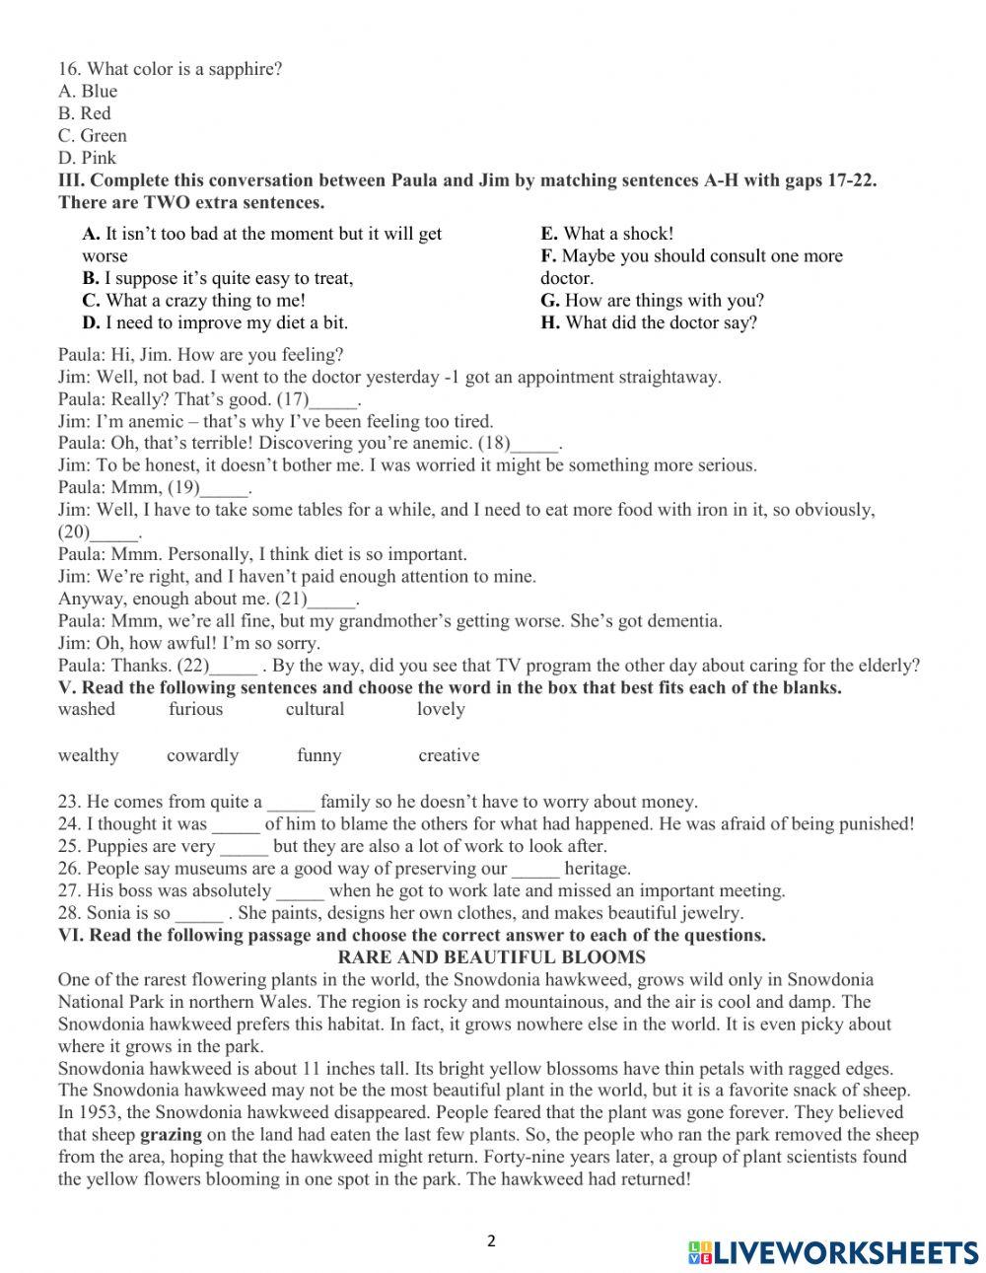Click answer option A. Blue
tap(88, 92)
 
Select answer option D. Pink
tap(87, 158)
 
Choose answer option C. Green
tap(93, 136)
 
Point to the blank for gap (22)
tap(235, 667)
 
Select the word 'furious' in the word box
tap(196, 709)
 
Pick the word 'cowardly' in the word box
tap(202, 755)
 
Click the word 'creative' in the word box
tap(449, 755)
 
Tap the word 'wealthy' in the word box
tap(89, 755)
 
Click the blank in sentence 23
tap(291, 803)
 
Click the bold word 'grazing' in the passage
tap(171, 1135)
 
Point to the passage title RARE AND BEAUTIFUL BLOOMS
tap(492, 957)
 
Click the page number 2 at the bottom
tap(492, 1241)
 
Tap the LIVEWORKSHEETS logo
tap(832, 1251)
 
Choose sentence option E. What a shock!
tap(606, 234)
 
